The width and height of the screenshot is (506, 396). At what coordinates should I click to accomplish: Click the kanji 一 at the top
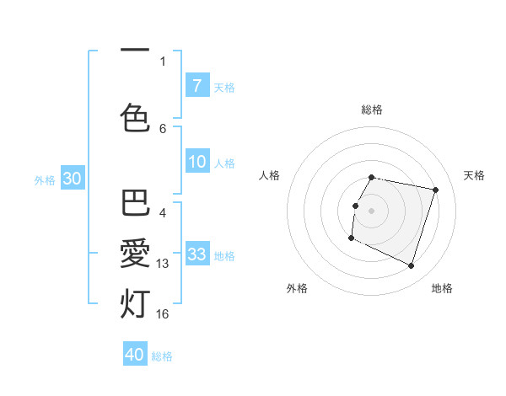click(135, 51)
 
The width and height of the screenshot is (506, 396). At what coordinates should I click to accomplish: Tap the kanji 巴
click(135, 205)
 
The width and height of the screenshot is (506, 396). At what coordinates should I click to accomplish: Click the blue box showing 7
click(196, 85)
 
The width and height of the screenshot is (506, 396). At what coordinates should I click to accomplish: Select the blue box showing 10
click(196, 163)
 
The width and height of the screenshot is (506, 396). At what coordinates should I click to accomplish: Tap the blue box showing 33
click(196, 254)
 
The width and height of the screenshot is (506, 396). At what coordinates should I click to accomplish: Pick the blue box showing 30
click(71, 179)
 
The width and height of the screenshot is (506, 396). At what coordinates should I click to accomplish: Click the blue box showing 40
click(135, 355)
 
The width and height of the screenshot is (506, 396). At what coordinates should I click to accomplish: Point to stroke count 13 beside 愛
click(163, 264)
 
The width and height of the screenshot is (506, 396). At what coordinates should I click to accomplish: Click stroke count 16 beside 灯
click(163, 313)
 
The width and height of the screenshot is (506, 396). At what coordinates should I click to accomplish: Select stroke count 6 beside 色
click(163, 128)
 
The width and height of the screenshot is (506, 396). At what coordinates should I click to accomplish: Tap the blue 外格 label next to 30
click(45, 179)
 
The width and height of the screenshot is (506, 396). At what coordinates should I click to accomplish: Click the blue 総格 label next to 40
click(162, 356)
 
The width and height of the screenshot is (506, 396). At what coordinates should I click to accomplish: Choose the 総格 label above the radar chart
click(372, 110)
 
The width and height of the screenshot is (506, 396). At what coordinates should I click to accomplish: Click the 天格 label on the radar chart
click(474, 175)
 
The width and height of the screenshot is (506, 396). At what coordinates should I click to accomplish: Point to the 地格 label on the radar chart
click(442, 288)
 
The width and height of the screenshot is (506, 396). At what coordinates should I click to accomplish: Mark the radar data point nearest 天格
click(436, 190)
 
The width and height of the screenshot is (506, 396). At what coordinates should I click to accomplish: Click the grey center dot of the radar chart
click(372, 211)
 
